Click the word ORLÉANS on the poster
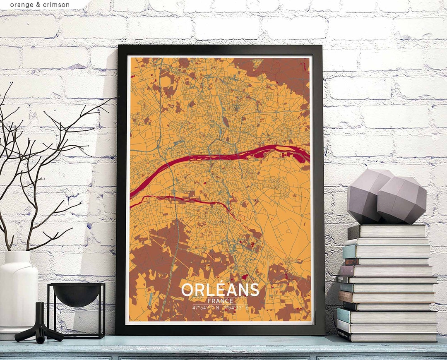[220, 290]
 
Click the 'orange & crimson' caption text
[40, 5]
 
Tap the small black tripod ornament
[39, 325]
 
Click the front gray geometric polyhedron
[401, 200]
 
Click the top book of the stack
[387, 232]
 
